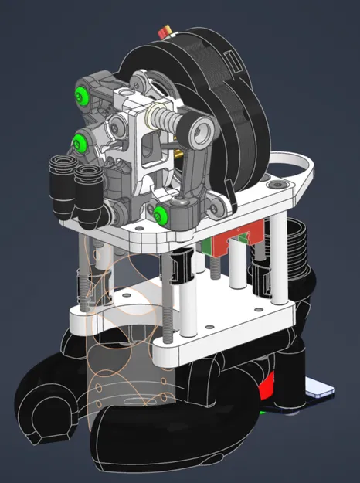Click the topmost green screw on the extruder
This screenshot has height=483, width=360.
click(81, 94)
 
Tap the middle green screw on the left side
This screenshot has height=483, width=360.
click(79, 141)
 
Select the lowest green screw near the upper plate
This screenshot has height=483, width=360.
click(159, 214)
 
